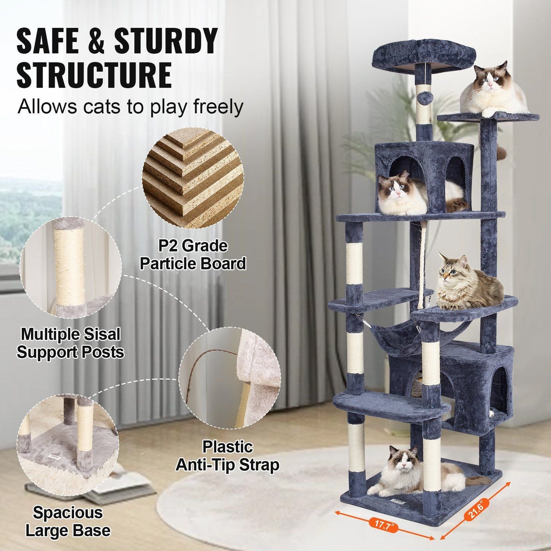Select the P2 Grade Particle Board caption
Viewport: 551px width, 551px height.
[193, 255]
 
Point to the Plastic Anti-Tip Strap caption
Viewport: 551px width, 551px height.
[227, 456]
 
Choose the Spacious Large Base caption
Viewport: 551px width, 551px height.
[68, 521]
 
